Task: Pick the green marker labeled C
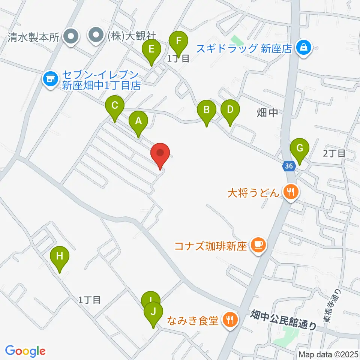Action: [115, 107]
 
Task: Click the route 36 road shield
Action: [288, 166]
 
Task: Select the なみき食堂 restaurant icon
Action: [229, 320]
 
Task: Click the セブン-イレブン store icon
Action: [49, 79]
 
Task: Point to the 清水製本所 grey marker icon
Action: [70, 36]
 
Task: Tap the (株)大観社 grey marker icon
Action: [96, 36]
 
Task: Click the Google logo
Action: [25, 351]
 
